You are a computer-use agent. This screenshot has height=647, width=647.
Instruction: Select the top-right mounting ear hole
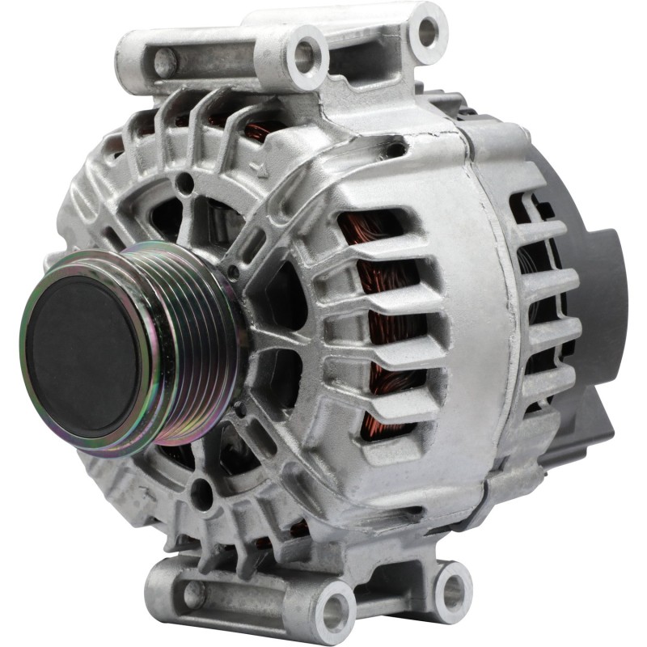(427, 31)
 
